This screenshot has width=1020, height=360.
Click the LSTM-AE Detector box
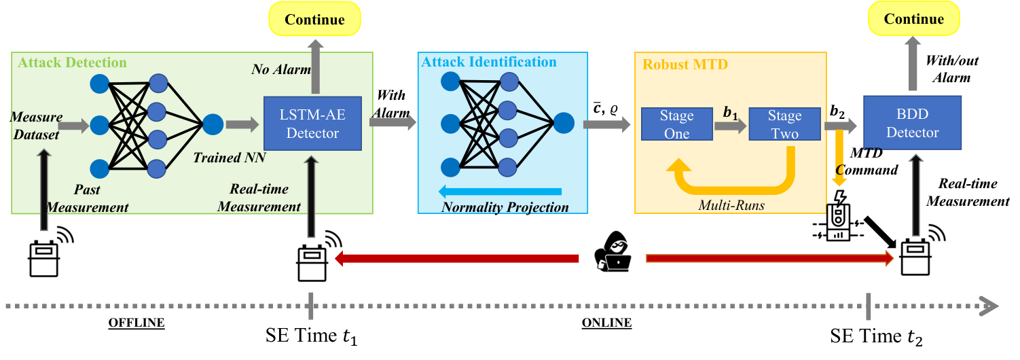coord(312,123)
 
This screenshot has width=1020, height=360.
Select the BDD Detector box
coord(912,122)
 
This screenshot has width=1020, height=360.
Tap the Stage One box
coord(676,124)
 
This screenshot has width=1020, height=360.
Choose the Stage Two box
coord(784,124)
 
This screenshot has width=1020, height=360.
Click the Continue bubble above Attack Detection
coord(314,19)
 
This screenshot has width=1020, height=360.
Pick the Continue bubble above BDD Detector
coord(914,19)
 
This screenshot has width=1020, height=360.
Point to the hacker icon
coord(613,252)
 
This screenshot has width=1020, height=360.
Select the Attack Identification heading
coord(488,62)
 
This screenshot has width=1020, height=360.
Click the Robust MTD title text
coord(685,65)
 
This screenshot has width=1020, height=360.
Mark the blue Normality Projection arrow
coord(500,192)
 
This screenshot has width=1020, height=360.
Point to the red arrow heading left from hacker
coord(456,258)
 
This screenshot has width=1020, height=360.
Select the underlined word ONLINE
coord(606,323)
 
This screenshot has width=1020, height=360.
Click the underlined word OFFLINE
coord(136,323)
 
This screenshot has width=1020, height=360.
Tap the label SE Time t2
coord(875,337)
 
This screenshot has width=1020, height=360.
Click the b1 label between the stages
coord(731,113)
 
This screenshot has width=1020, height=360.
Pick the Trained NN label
coord(229,158)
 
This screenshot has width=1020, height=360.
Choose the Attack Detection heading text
coord(72,62)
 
